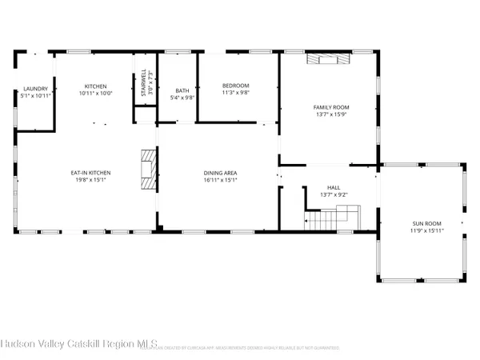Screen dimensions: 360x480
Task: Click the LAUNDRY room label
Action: (x=34, y=89)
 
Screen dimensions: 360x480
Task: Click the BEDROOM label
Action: (x=236, y=86)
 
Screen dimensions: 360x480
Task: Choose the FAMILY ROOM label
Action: (x=330, y=106)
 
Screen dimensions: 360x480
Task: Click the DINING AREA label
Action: (x=218, y=173)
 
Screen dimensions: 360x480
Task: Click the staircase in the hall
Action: (x=332, y=216)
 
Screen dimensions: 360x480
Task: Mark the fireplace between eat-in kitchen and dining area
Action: (x=146, y=170)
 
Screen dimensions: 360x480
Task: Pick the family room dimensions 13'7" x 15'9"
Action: (x=330, y=114)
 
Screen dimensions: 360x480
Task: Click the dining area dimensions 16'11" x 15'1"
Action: (x=218, y=180)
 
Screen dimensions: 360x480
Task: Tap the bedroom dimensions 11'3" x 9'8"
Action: (x=236, y=93)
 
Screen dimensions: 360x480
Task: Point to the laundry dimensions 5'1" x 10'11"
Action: (x=34, y=96)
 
